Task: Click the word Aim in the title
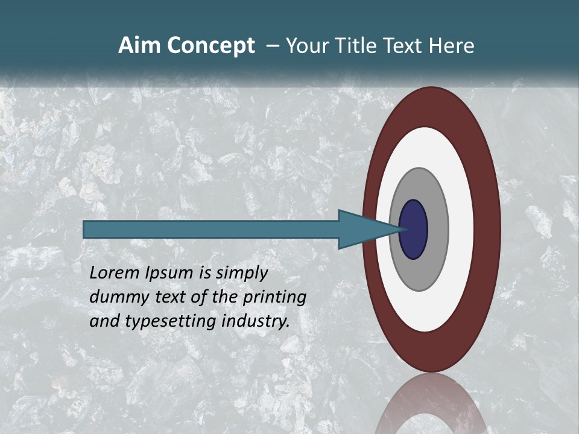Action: point(139,46)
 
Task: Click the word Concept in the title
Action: point(211,46)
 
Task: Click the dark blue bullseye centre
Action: point(414,229)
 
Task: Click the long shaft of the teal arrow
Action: point(211,229)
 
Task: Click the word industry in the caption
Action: point(256,321)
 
